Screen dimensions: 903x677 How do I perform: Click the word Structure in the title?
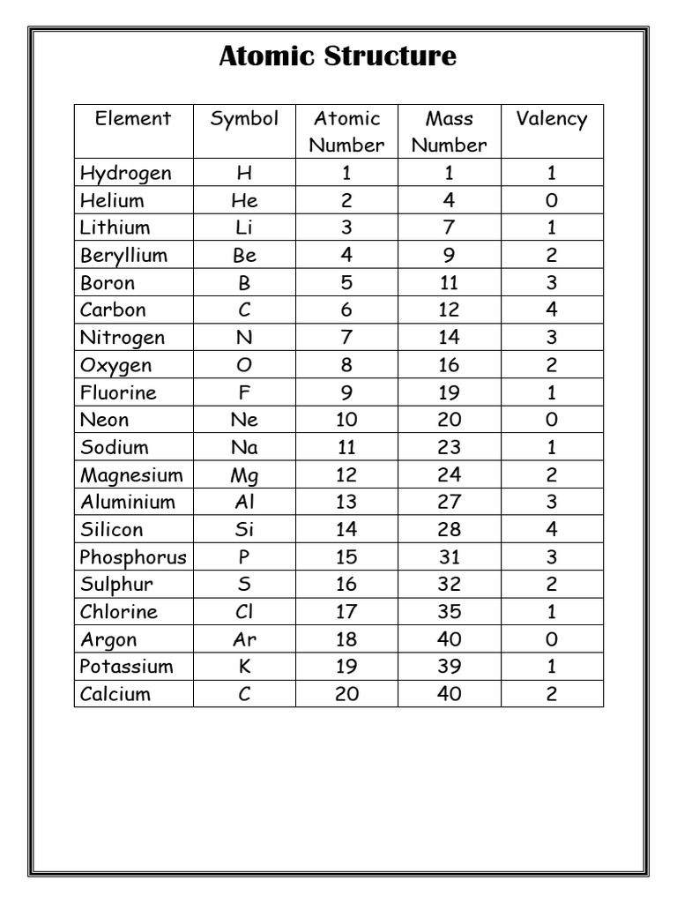click(391, 56)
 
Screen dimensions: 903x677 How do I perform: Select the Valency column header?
click(552, 119)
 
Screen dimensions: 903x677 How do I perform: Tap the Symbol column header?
click(244, 119)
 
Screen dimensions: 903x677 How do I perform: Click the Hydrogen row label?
click(125, 173)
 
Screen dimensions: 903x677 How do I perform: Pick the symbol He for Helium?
click(244, 200)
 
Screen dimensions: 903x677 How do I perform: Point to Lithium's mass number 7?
click(450, 228)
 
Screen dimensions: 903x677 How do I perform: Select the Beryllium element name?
click(123, 256)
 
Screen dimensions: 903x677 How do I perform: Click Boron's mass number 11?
click(450, 283)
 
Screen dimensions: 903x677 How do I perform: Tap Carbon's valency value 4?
click(552, 310)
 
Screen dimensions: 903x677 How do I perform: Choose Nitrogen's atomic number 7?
click(346, 338)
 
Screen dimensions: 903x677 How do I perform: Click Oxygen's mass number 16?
click(450, 365)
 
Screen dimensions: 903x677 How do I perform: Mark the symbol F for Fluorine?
click(244, 392)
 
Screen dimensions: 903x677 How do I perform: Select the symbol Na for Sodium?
click(244, 447)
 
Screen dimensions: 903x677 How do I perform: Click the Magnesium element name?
click(131, 475)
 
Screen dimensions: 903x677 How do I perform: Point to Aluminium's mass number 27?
click(450, 503)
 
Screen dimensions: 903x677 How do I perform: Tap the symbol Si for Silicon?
click(244, 530)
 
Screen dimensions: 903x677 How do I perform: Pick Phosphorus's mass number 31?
click(450, 557)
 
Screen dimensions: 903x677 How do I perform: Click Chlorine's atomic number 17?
click(346, 612)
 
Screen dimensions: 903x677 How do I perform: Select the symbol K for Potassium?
click(244, 667)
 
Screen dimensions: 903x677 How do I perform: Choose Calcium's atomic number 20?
click(346, 694)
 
